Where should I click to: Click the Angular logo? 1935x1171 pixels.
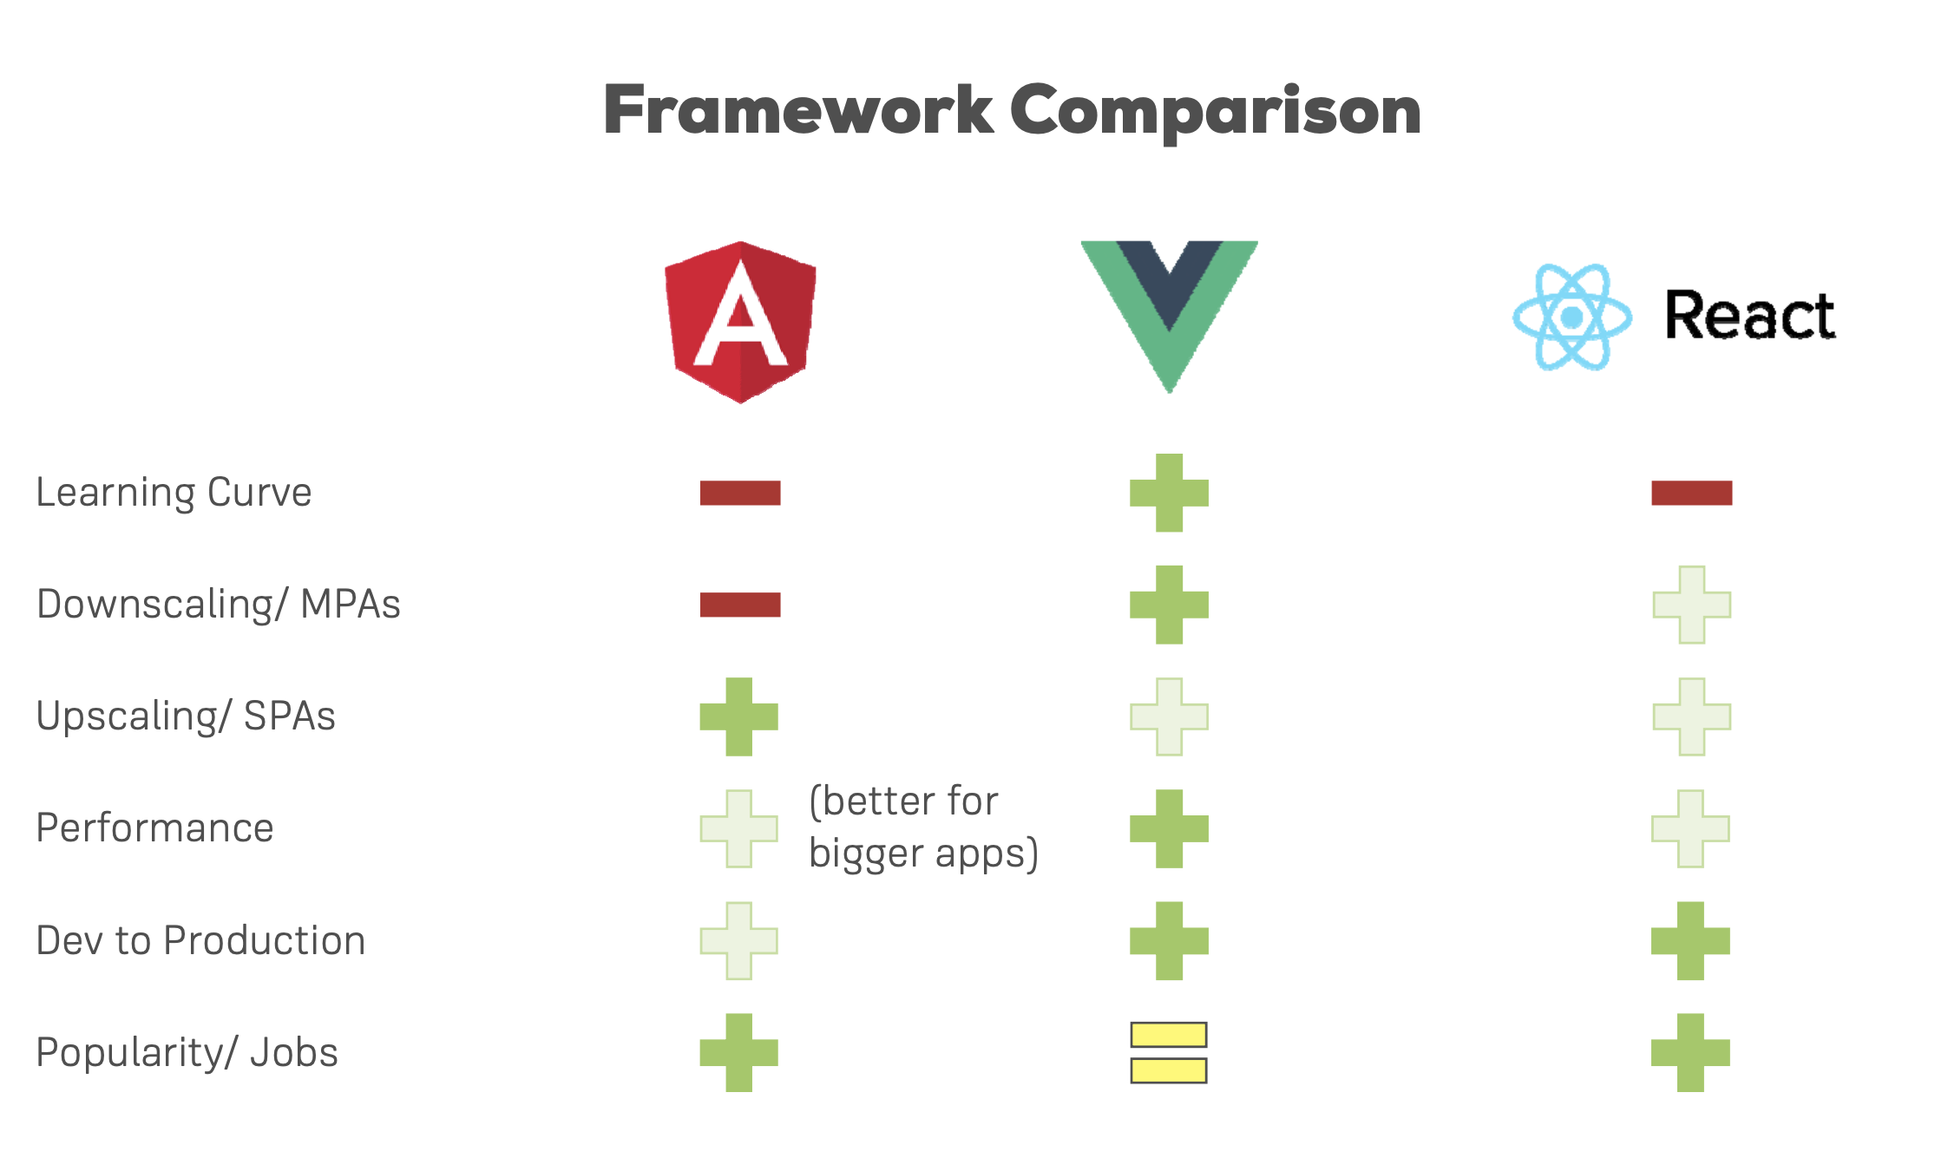point(740,322)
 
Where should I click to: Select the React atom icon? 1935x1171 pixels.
point(1571,317)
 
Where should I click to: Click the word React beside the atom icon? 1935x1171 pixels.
point(1749,315)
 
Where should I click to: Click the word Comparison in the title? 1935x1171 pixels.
point(1215,111)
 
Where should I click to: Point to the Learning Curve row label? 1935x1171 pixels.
point(174,493)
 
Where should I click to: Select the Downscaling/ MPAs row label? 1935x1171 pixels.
point(218,605)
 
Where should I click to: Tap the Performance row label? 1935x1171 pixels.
point(154,828)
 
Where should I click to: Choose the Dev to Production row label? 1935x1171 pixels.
point(200,941)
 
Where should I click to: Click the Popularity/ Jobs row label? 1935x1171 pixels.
point(187,1053)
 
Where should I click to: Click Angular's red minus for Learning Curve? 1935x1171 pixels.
point(740,493)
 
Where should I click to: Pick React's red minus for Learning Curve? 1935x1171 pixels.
point(1691,493)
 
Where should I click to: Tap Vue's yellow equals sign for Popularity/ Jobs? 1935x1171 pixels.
point(1169,1052)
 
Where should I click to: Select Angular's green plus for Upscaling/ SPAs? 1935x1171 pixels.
point(739,716)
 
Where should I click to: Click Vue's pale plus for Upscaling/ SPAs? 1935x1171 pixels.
point(1169,716)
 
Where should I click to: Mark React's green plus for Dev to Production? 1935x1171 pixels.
point(1690,941)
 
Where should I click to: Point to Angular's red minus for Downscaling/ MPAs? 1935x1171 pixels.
point(740,605)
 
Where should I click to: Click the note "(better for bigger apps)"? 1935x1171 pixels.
point(922,827)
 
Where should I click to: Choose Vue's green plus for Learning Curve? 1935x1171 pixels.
point(1169,493)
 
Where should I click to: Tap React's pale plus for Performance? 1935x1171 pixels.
point(1690,828)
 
